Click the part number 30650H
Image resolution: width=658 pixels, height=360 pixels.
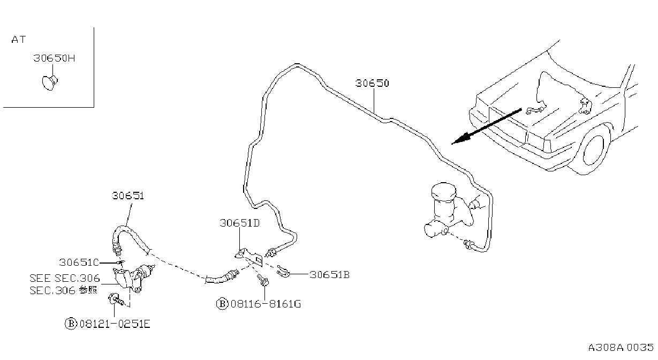(x=54, y=58)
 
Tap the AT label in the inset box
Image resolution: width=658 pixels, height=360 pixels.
(x=19, y=40)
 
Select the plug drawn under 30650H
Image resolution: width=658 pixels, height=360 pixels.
(x=50, y=82)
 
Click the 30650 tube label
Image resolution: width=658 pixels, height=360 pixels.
(x=372, y=83)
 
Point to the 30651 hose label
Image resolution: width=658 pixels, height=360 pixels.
(x=128, y=196)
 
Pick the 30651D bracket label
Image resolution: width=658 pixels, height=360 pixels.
(x=240, y=223)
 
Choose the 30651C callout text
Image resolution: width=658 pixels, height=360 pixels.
(x=79, y=262)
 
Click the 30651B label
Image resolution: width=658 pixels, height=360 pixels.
(x=330, y=275)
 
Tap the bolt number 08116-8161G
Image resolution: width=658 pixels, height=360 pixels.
(x=266, y=304)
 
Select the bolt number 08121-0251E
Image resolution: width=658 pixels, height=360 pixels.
(x=115, y=324)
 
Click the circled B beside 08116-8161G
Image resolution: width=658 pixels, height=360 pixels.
(x=222, y=304)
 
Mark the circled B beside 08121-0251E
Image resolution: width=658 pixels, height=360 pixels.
(x=71, y=324)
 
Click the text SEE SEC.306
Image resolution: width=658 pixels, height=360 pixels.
(x=65, y=278)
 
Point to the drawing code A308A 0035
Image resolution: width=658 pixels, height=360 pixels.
(x=621, y=347)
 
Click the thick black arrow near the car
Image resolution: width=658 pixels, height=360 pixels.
(x=487, y=126)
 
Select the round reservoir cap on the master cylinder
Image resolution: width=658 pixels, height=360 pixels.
(x=443, y=192)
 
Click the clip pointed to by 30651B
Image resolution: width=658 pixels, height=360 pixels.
(x=283, y=272)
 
